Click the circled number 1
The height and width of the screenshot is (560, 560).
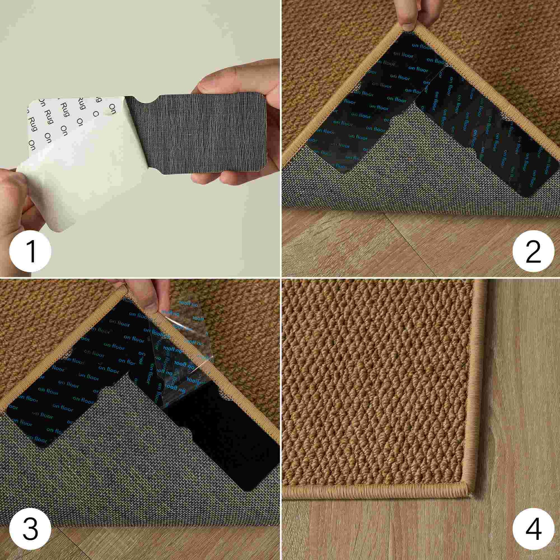tap(30, 251)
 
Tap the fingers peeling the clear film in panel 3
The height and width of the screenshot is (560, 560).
tap(154, 298)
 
